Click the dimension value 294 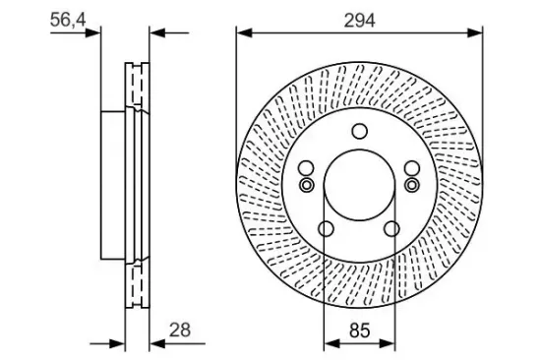pyautogui.click(x=359, y=21)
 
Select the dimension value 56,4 pyautogui.click(x=68, y=20)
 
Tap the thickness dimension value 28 pyautogui.click(x=180, y=330)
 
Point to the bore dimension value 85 pyautogui.click(x=359, y=330)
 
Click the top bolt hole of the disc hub pyautogui.click(x=359, y=131)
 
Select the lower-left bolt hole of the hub pyautogui.click(x=326, y=229)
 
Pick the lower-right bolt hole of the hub pyautogui.click(x=391, y=229)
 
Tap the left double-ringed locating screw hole pyautogui.click(x=306, y=185)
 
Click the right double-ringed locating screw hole pyautogui.click(x=412, y=185)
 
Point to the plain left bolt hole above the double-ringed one pyautogui.click(x=306, y=169)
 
